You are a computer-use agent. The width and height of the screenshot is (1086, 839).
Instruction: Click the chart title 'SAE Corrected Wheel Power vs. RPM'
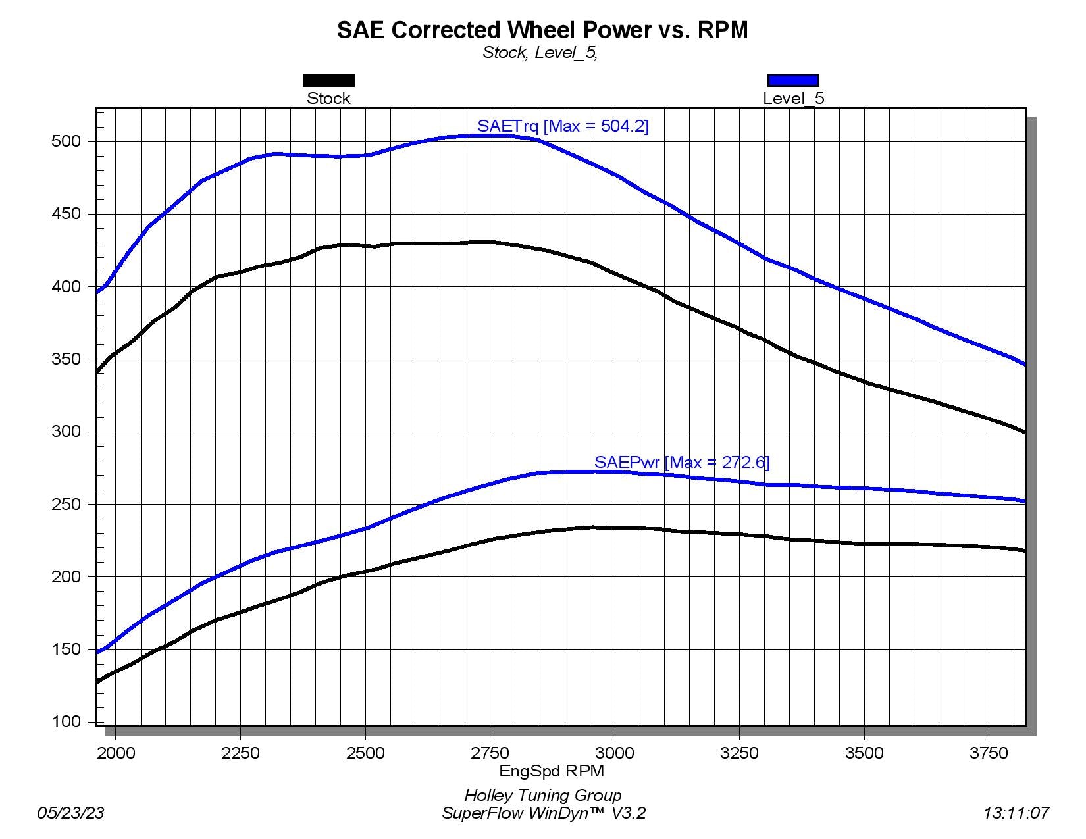pyautogui.click(x=542, y=30)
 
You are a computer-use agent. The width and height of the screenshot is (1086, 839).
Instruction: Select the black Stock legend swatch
pyautogui.click(x=328, y=80)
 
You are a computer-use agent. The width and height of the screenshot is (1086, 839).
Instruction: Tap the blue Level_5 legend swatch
pyautogui.click(x=793, y=80)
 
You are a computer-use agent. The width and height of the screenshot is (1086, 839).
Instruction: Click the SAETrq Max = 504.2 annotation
pyautogui.click(x=563, y=126)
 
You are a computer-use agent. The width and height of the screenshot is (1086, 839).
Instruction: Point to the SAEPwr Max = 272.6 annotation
pyautogui.click(x=682, y=462)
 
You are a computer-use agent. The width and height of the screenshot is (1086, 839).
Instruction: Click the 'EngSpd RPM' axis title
pyautogui.click(x=552, y=771)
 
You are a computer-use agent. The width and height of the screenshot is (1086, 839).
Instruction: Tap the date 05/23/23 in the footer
pyautogui.click(x=70, y=813)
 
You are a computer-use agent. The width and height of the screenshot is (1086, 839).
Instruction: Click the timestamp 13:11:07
pyautogui.click(x=1016, y=813)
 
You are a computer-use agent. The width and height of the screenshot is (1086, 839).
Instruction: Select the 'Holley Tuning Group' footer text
pyautogui.click(x=543, y=796)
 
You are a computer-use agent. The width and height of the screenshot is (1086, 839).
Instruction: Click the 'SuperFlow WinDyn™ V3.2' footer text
pyautogui.click(x=544, y=813)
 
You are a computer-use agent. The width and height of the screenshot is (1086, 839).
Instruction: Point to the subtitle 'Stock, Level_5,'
pyautogui.click(x=540, y=53)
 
